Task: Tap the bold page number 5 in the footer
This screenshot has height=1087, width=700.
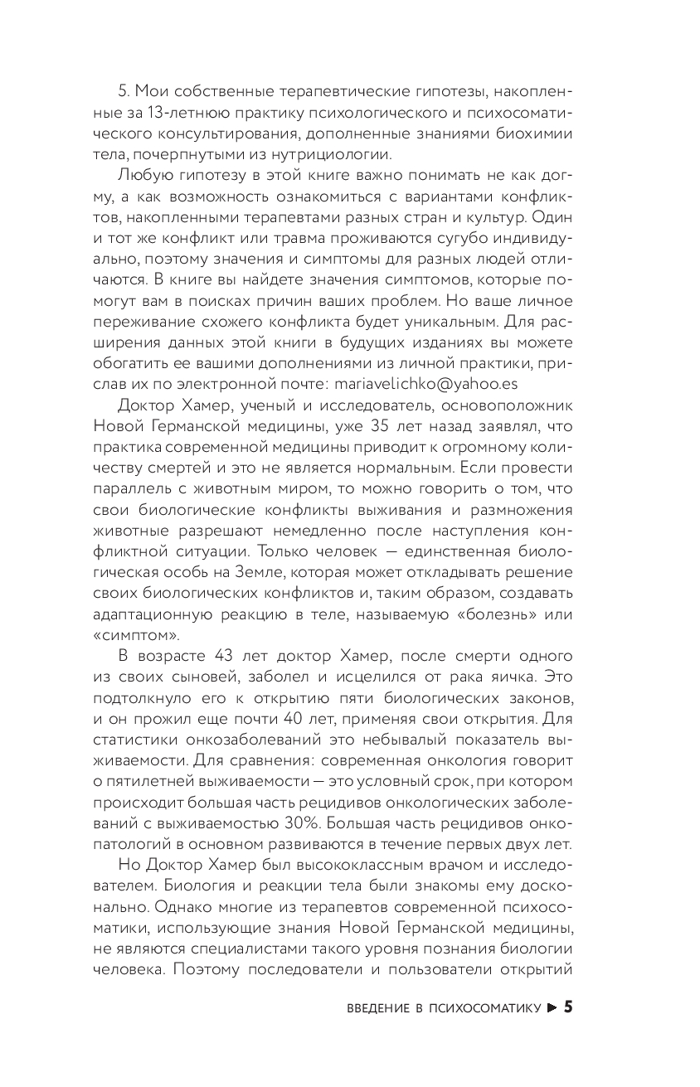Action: tap(567, 1007)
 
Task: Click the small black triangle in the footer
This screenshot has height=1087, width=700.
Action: tap(551, 1008)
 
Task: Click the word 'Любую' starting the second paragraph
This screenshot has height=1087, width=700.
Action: tap(141, 175)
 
